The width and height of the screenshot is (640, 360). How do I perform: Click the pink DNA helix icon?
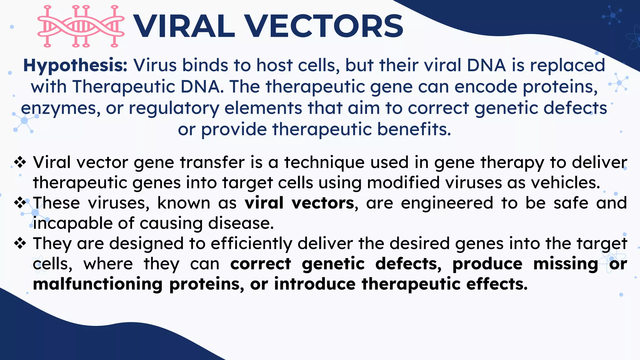(81, 27)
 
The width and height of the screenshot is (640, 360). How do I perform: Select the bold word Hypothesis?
(75, 66)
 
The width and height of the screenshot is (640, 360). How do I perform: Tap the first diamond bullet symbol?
(20, 162)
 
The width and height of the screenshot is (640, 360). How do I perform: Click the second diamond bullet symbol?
(20, 203)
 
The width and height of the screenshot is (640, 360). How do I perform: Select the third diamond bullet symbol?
(20, 243)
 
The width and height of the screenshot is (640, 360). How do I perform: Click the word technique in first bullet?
(324, 163)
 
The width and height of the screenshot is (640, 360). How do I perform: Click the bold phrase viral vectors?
(299, 203)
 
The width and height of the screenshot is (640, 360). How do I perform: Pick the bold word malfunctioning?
(97, 284)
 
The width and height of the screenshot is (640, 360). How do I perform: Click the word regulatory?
(174, 109)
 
